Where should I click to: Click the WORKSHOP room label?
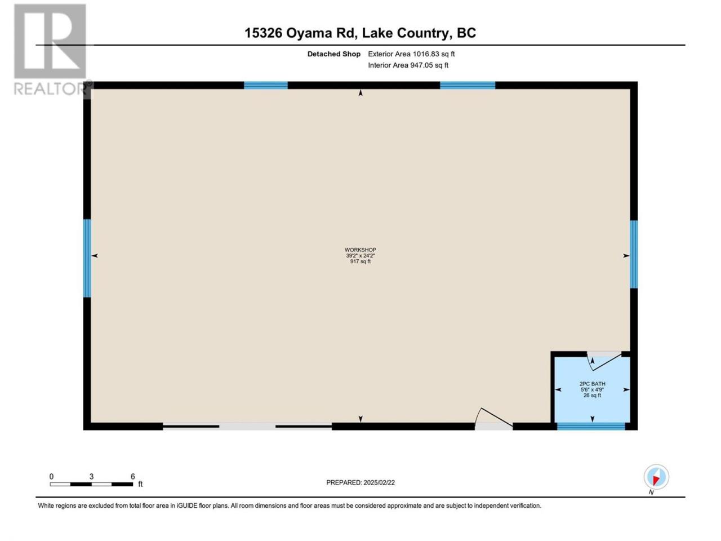(360, 250)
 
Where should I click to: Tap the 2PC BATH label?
(592, 384)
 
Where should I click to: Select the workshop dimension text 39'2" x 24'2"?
(360, 255)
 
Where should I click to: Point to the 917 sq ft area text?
(360, 261)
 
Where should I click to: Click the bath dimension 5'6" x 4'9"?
(592, 389)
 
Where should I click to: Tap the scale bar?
(91, 484)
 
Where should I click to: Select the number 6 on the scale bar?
(132, 476)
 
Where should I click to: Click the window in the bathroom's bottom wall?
(590, 427)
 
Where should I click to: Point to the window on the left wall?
(87, 258)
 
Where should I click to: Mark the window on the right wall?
(634, 254)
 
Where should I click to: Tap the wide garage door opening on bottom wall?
(247, 426)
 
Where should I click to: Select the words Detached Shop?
(333, 54)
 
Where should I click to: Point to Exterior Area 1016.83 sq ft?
(411, 54)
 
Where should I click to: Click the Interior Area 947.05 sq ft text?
(408, 65)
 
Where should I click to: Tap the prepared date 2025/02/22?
(379, 482)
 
